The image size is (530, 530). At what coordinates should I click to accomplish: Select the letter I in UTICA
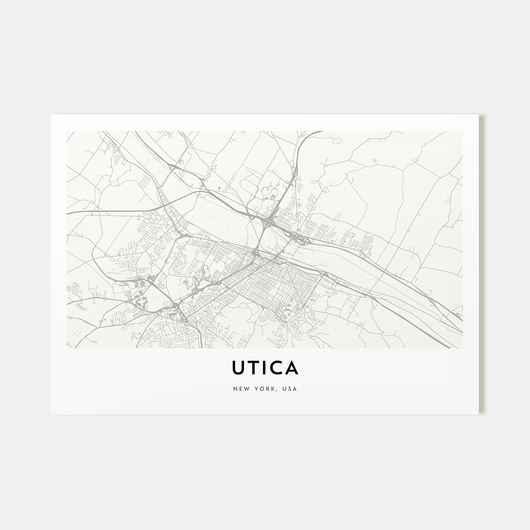pos(264,368)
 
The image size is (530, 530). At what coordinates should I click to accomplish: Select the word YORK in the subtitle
pos(264,389)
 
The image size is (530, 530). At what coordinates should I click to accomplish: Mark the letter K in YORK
pos(272,389)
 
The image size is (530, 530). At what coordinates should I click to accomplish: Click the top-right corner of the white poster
pos(478,115)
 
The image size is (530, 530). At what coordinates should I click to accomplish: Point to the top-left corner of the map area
pos(67,131)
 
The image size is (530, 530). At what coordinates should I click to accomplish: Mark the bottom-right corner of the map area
pos(462,348)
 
